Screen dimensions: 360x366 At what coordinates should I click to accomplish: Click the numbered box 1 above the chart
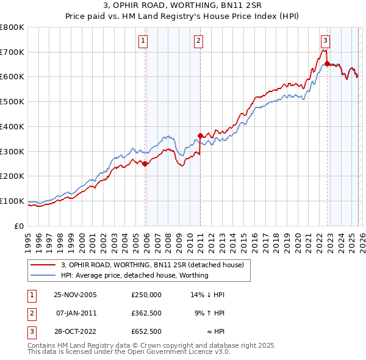143,41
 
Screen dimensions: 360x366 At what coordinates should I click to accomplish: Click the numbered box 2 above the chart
199,41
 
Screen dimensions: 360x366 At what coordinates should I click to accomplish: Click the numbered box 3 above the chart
325,41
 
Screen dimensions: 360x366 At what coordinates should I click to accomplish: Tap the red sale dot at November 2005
145,164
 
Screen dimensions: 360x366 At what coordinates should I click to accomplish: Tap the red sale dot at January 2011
200,135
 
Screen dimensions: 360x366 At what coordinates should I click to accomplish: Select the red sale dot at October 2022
327,63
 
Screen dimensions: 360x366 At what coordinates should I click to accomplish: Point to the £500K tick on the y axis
12,101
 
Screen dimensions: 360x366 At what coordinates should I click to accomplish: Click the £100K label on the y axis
12,201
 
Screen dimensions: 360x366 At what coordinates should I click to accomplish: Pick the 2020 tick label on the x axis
296,239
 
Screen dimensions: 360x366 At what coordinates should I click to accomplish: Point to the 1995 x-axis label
28,239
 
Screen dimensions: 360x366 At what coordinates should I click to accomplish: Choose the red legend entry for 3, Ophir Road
152,265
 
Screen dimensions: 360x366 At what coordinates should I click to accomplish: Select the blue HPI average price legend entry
135,275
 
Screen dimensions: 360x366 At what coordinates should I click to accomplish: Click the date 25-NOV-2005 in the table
76,294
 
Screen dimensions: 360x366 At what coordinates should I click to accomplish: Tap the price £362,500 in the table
146,313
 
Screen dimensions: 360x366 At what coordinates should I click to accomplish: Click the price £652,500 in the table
146,332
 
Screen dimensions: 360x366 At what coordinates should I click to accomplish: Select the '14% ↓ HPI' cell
208,294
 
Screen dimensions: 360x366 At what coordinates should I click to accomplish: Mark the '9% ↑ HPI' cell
210,313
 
